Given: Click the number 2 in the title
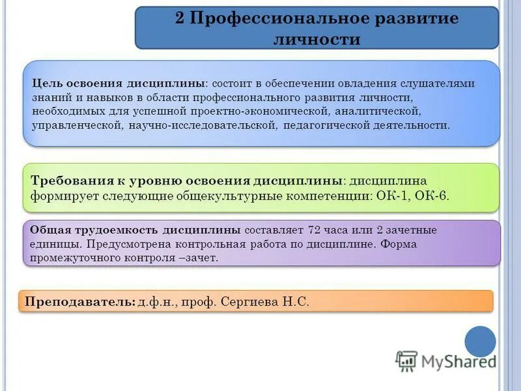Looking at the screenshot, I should pos(180,18).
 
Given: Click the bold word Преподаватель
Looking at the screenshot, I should pos(80,302).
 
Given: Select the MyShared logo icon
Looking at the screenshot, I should pos(407,360).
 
